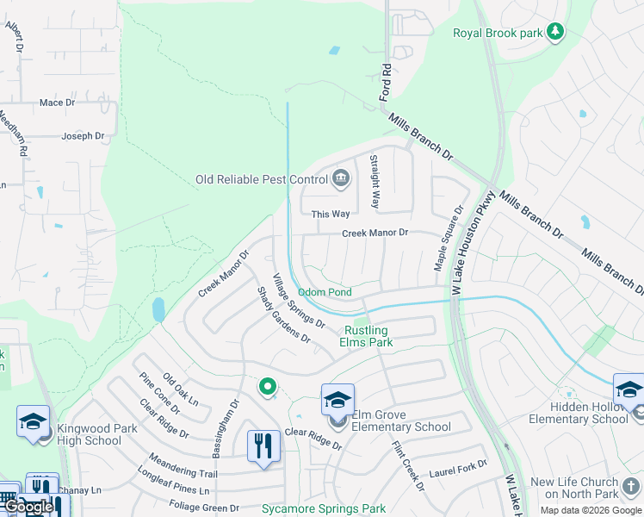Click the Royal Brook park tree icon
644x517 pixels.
click(x=556, y=32)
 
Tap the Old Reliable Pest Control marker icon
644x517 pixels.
click(x=341, y=178)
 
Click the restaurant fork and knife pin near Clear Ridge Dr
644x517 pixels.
click(x=263, y=446)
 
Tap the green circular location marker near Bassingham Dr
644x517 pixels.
click(x=268, y=388)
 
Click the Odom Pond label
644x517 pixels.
click(x=325, y=293)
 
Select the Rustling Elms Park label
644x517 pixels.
click(x=368, y=336)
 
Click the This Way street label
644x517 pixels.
click(x=331, y=214)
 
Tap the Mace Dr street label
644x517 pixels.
click(x=58, y=103)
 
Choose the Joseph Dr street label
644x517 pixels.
click(x=83, y=136)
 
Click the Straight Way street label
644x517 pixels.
click(x=375, y=182)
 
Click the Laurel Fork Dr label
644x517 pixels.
click(x=458, y=470)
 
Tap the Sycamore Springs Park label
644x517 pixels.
click(x=324, y=509)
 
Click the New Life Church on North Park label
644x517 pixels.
click(x=574, y=489)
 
